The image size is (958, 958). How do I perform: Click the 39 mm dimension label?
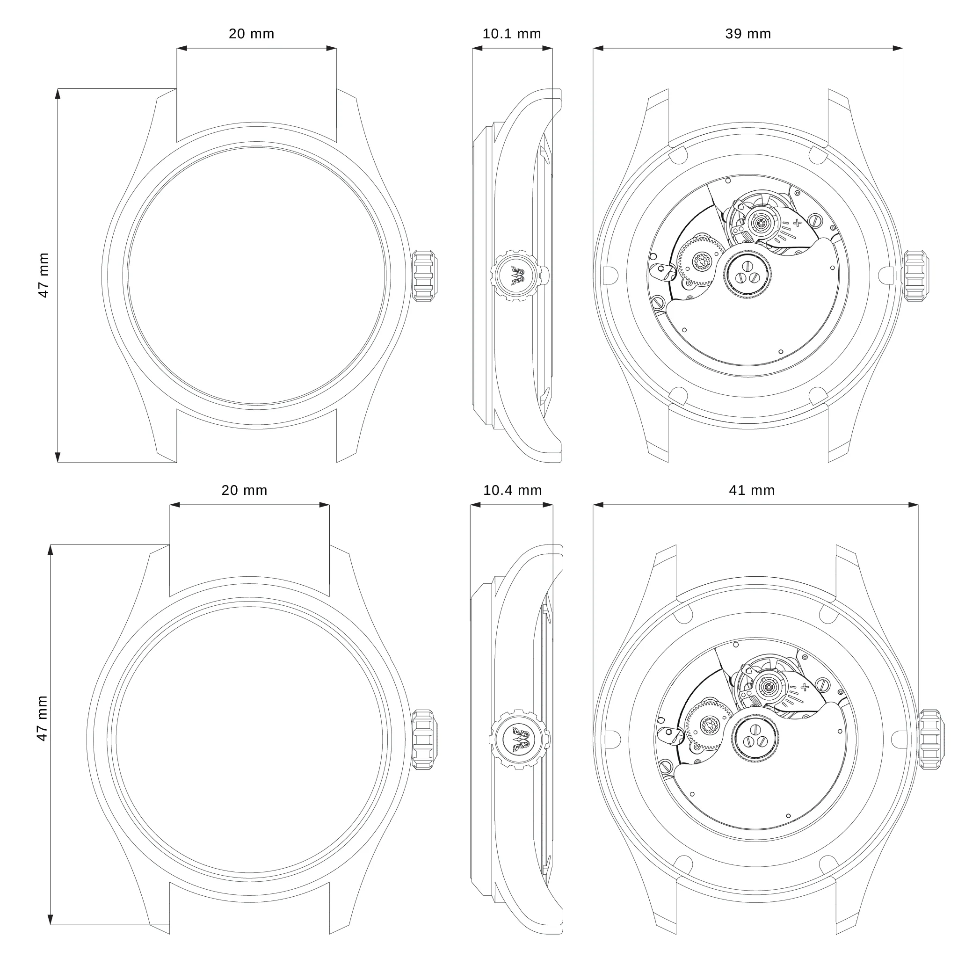[x=748, y=34]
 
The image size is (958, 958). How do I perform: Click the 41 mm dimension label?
[x=752, y=490]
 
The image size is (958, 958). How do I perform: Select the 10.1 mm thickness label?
[x=512, y=34]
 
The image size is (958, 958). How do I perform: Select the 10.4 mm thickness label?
[x=512, y=490]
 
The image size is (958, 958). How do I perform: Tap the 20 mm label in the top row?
[x=251, y=34]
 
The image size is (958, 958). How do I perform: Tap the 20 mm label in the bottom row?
[x=245, y=490]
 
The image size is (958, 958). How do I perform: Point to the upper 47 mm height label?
[x=44, y=275]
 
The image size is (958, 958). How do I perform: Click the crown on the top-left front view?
[x=424, y=276]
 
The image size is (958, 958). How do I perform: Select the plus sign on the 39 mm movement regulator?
[x=798, y=223]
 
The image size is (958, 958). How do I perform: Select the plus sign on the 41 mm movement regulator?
[x=804, y=687]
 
